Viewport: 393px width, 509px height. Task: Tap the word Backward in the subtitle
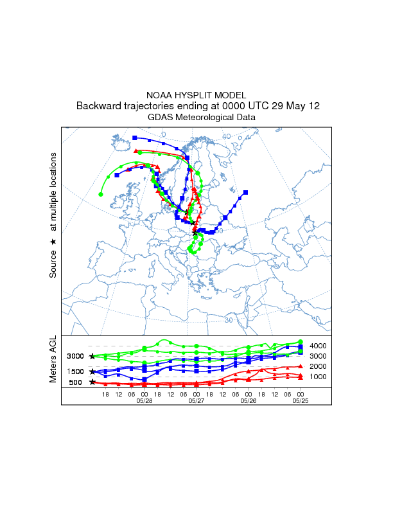pos(98,106)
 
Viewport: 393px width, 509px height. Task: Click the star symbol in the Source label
pos(53,241)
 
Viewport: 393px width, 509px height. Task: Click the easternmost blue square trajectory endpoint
pos(246,192)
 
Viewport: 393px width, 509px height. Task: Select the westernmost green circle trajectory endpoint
pos(101,193)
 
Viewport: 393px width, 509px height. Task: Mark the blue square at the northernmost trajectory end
pos(135,138)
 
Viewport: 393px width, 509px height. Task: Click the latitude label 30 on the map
pos(229,320)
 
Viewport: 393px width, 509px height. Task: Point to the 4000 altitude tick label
pos(319,346)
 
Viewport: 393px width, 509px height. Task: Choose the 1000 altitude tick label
pos(319,377)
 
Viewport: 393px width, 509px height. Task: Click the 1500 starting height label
pos(76,371)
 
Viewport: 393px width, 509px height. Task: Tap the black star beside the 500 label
pos(92,382)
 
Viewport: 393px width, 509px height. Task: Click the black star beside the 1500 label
pos(92,371)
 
